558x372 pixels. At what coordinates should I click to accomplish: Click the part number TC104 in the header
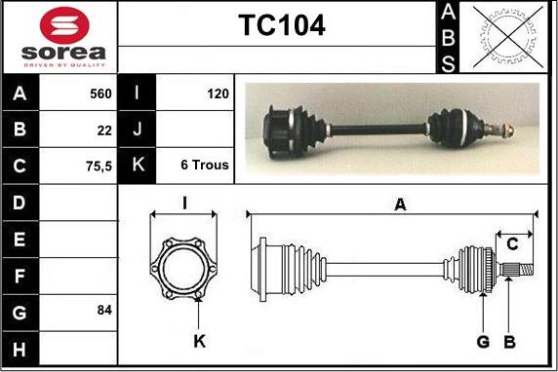point(282,25)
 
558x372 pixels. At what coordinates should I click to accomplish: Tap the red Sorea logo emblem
point(64,25)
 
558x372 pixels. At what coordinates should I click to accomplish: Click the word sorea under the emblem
point(63,53)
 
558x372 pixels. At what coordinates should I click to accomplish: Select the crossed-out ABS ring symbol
point(508,37)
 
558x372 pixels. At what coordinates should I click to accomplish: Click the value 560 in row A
point(100,93)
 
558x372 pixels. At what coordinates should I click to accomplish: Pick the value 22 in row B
point(104,130)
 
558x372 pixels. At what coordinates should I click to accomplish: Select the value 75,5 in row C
point(99,166)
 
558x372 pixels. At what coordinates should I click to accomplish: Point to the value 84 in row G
point(104,310)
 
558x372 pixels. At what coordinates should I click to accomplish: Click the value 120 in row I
point(218,93)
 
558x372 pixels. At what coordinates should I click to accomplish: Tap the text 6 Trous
point(205,165)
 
